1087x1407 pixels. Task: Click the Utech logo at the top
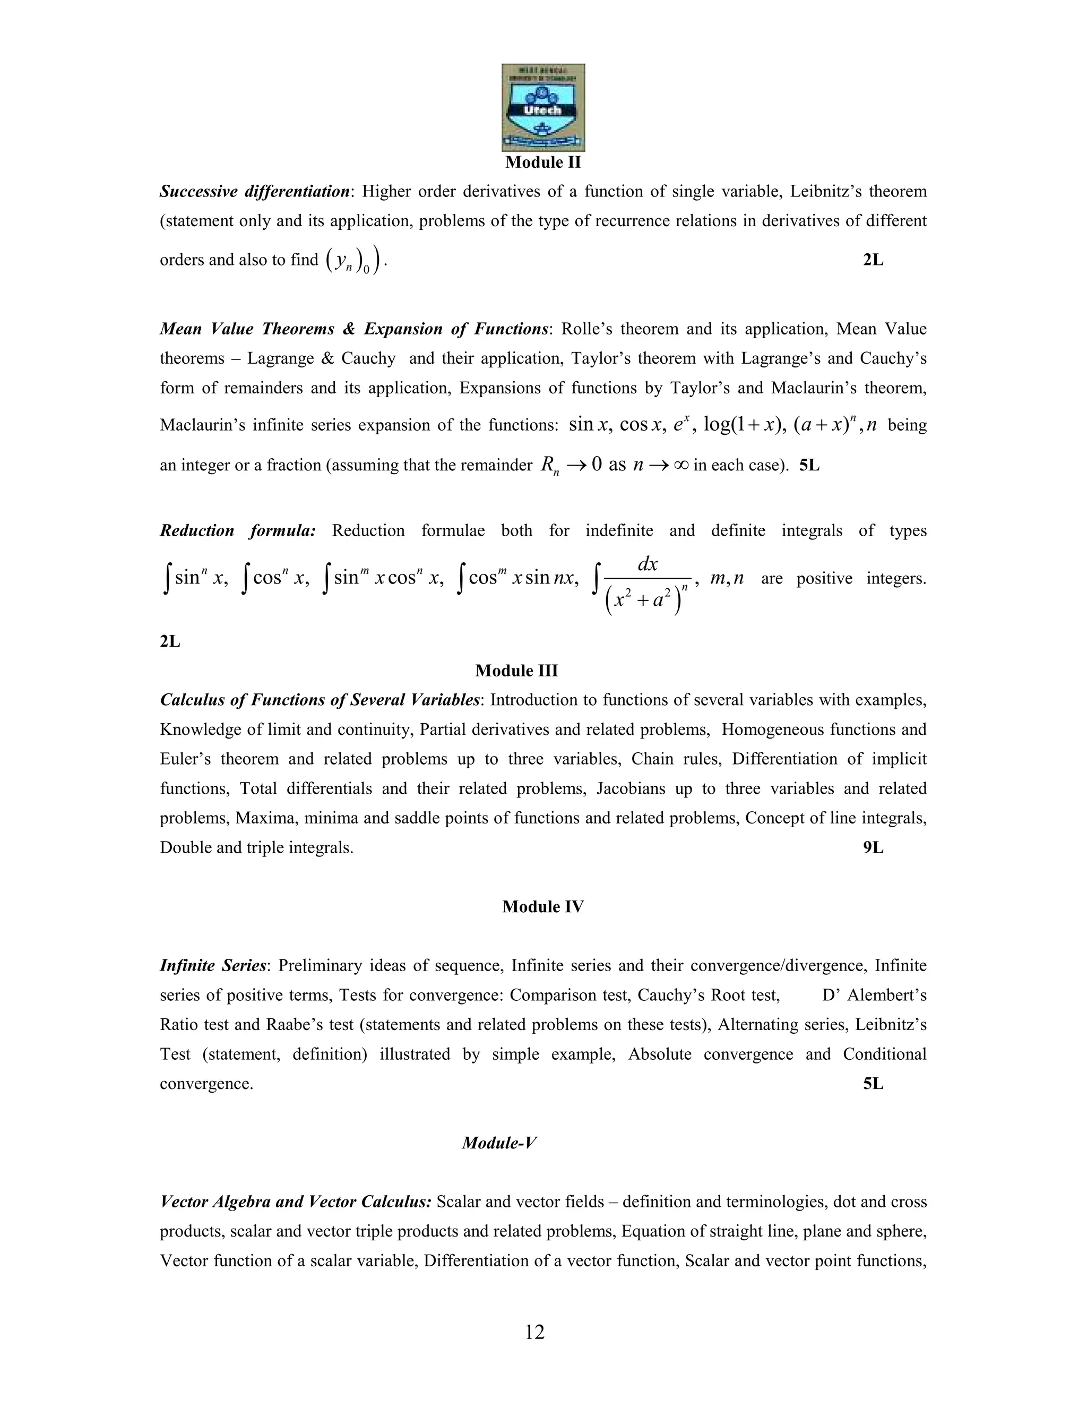point(543,108)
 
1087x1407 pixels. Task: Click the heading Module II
point(543,162)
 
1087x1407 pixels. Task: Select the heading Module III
point(516,671)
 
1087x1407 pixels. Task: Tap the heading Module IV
point(543,906)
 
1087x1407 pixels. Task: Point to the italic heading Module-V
point(499,1143)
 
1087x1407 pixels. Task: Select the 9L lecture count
point(873,848)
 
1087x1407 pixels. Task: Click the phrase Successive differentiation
point(254,191)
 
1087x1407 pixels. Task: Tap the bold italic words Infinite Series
point(212,966)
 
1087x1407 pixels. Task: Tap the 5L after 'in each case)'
point(809,465)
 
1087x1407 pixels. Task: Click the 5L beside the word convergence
point(873,1084)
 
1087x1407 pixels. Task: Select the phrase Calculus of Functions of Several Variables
point(320,700)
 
